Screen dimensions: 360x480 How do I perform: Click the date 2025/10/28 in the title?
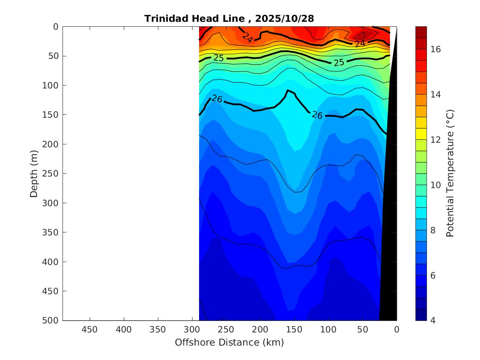[285, 19]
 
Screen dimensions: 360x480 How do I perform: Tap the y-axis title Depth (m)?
[34, 174]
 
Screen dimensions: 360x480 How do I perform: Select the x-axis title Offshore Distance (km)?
[229, 342]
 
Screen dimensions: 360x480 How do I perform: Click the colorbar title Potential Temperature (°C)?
[450, 174]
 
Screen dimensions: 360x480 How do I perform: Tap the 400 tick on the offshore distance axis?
[124, 330]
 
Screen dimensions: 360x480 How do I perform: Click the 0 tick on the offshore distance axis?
[397, 330]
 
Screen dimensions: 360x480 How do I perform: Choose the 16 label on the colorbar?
[435, 49]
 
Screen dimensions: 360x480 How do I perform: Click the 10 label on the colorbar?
[435, 185]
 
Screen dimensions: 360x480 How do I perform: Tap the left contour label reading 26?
[217, 99]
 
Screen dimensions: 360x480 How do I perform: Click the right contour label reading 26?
[317, 115]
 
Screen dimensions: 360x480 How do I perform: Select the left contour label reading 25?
[218, 58]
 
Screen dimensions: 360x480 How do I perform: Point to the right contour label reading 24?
[360, 43]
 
